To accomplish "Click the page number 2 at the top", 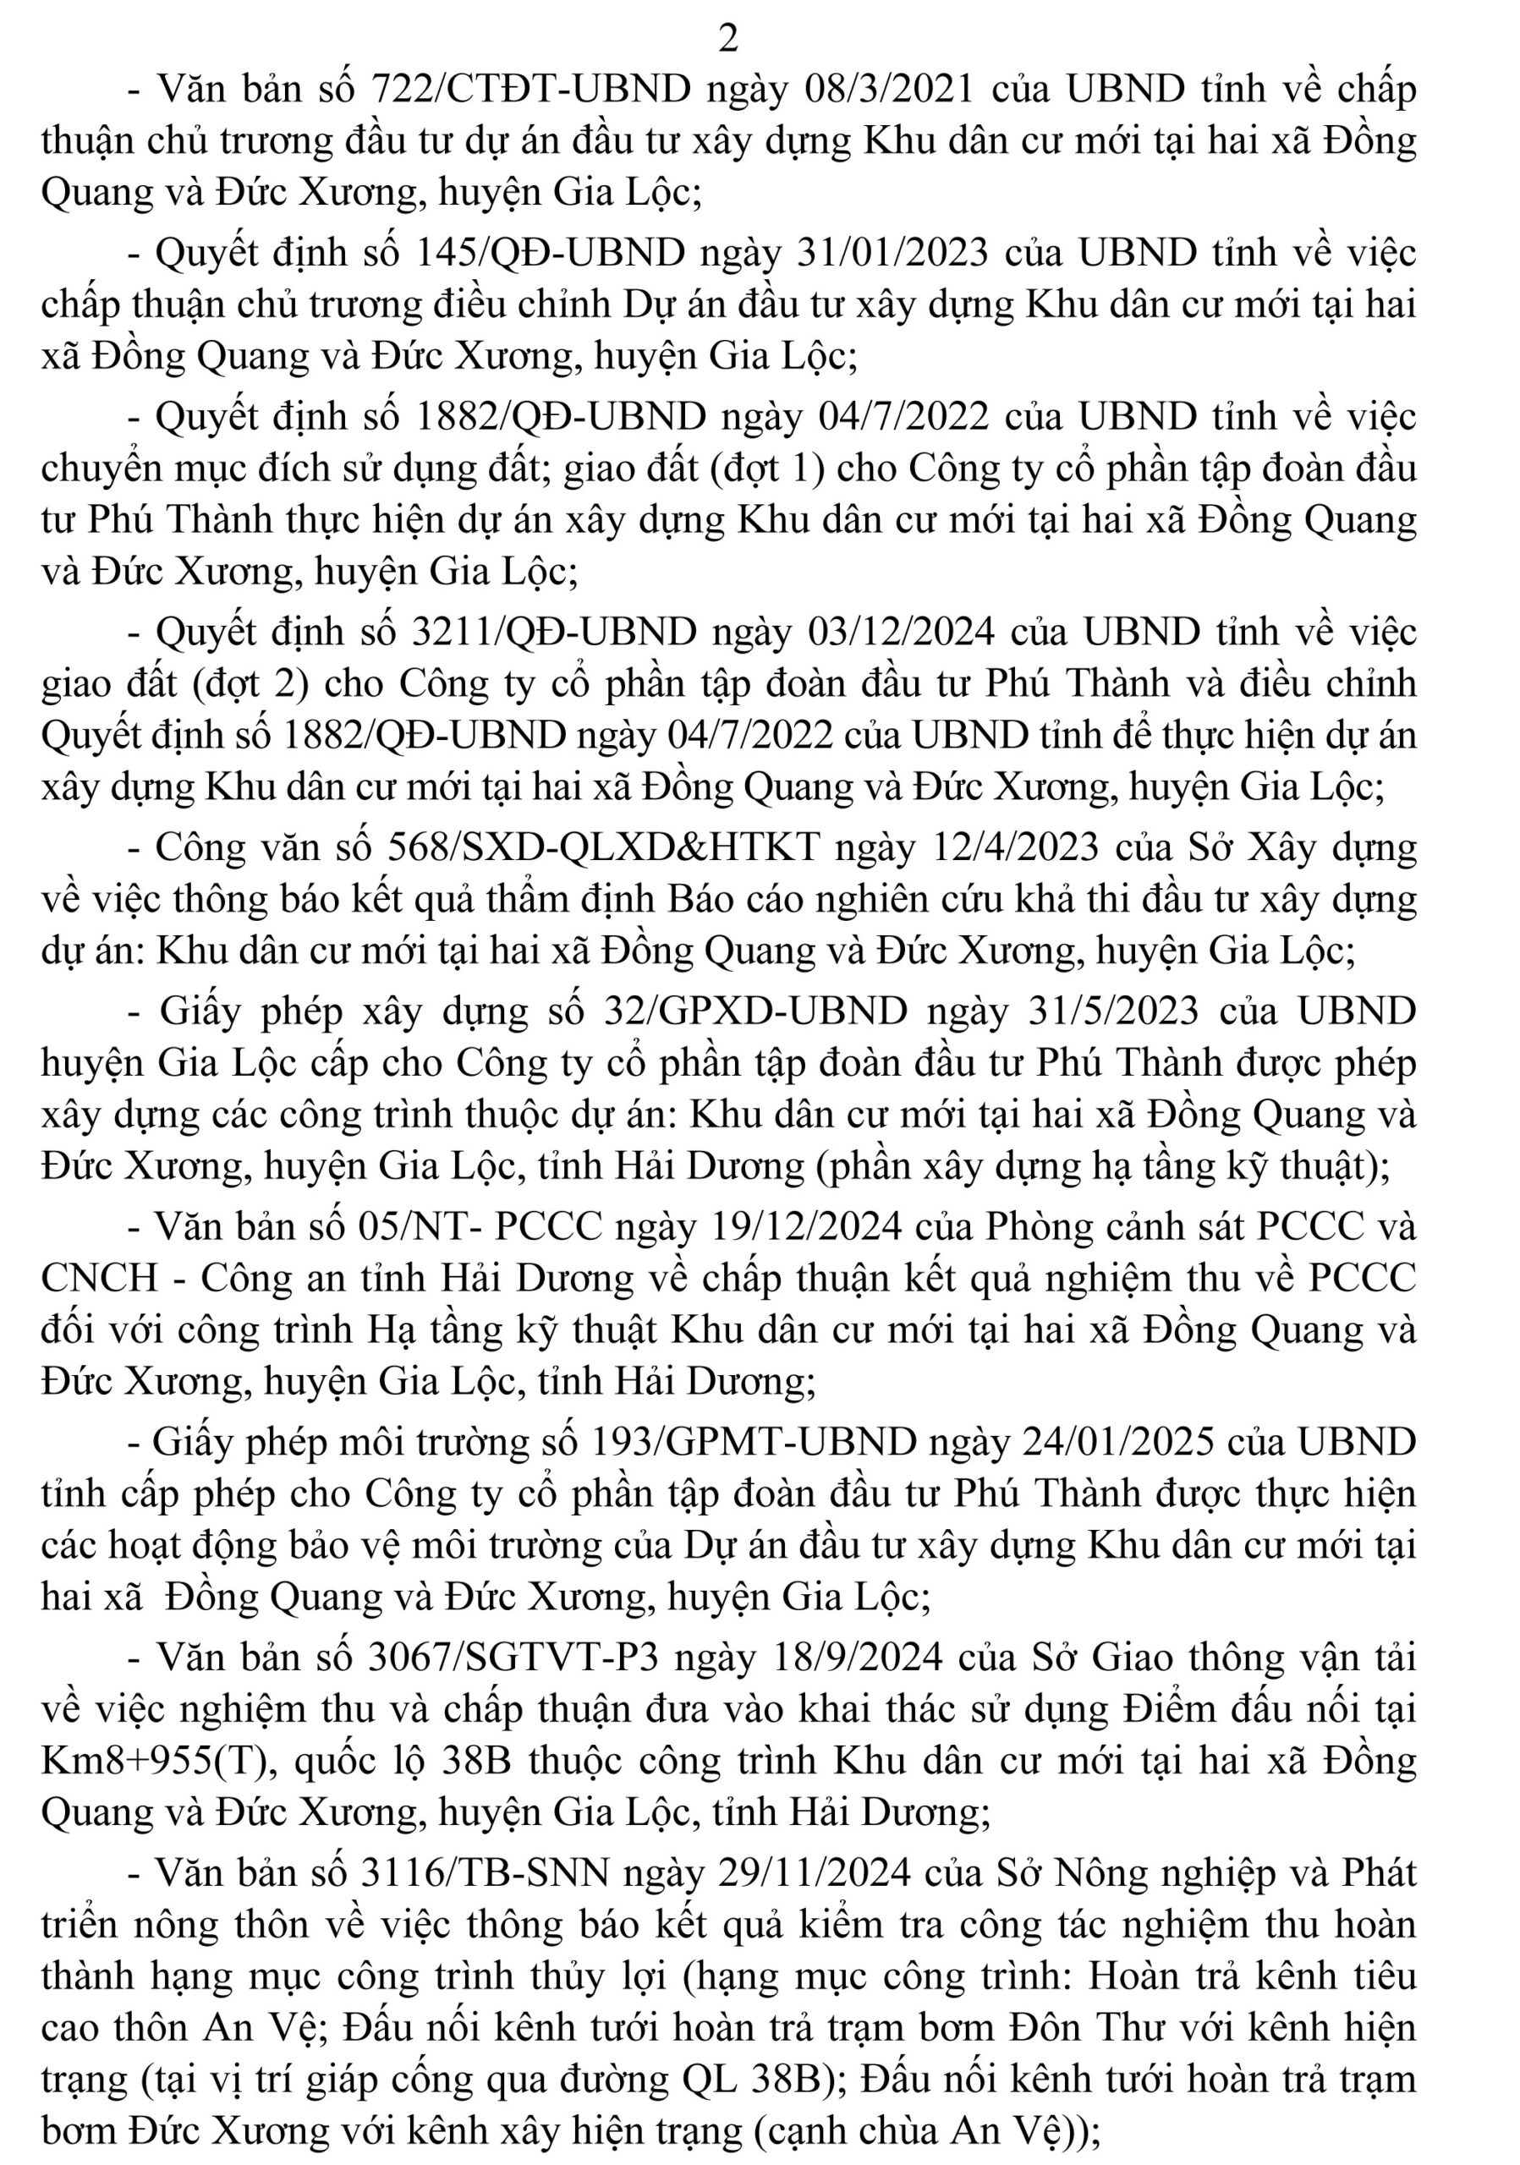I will click(x=728, y=39).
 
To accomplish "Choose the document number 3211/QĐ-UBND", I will click(x=554, y=632).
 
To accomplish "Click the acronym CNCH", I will click(x=100, y=1278).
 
